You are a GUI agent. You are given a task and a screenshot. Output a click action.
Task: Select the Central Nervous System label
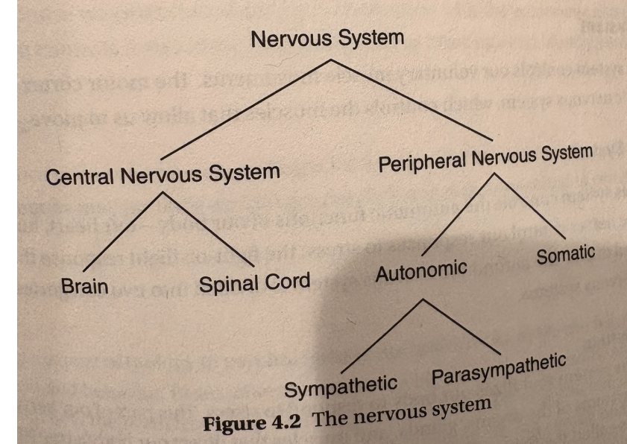click(x=163, y=176)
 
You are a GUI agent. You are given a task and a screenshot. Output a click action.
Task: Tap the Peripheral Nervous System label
click(x=485, y=158)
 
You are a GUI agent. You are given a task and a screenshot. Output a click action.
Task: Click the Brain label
click(x=85, y=287)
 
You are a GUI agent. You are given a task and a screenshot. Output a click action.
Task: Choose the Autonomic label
click(x=421, y=270)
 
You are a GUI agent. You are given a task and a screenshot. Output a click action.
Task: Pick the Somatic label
click(x=565, y=254)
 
